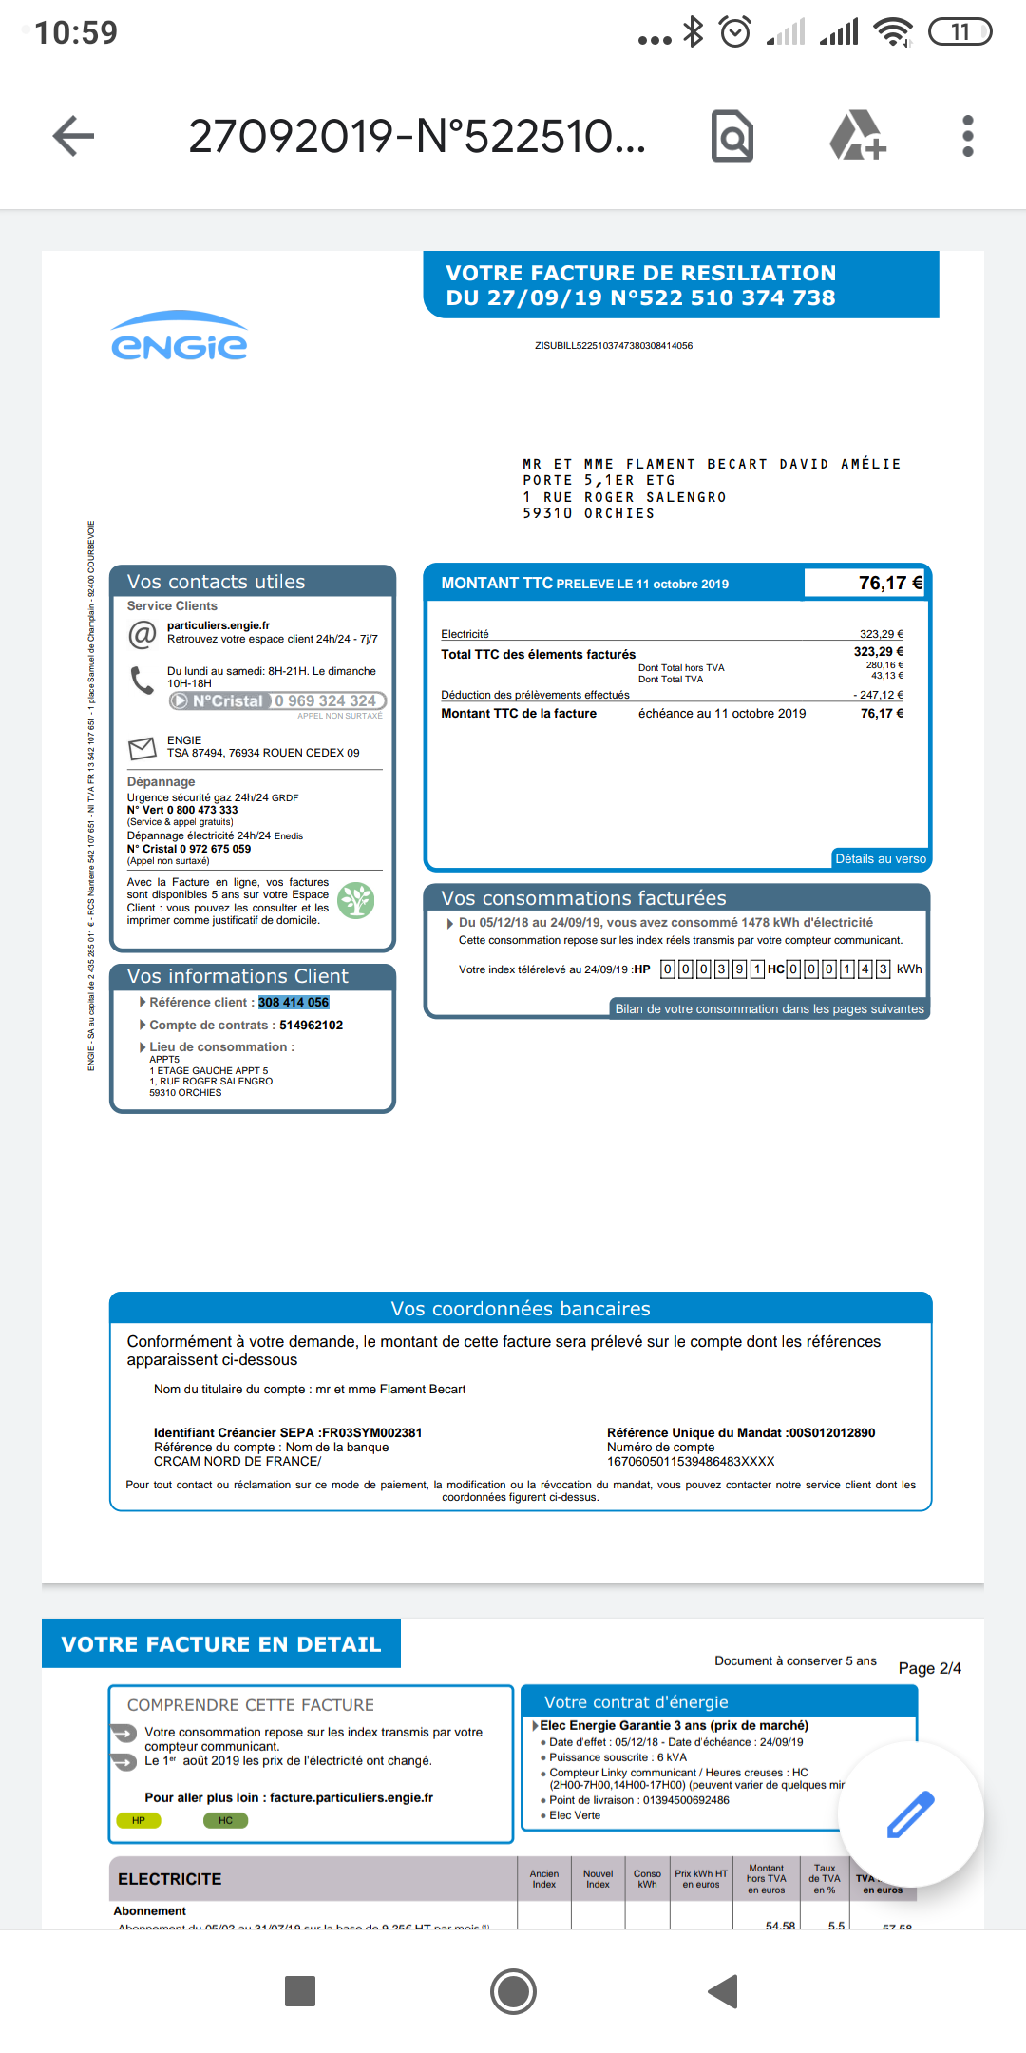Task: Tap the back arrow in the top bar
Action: pyautogui.click(x=73, y=136)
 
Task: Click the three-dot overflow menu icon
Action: pyautogui.click(x=967, y=136)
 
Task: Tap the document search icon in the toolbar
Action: pyautogui.click(x=732, y=136)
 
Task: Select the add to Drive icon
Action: pyautogui.click(x=858, y=136)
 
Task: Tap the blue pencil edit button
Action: pyautogui.click(x=910, y=1813)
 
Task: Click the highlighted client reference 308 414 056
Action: pyautogui.click(x=294, y=1003)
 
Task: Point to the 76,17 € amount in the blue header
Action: pyautogui.click(x=889, y=583)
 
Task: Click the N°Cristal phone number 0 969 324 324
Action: pyautogui.click(x=326, y=701)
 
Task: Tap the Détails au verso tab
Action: pyautogui.click(x=880, y=859)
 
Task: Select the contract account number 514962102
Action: pyautogui.click(x=311, y=1026)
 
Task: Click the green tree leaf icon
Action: pyautogui.click(x=356, y=900)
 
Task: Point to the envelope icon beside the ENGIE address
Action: pyautogui.click(x=142, y=749)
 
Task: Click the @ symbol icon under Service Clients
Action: pyautogui.click(x=142, y=634)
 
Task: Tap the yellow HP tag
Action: pyautogui.click(x=139, y=1820)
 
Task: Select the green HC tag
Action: pyautogui.click(x=225, y=1820)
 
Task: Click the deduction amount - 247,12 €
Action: pyautogui.click(x=878, y=695)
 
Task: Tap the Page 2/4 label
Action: pyautogui.click(x=929, y=1668)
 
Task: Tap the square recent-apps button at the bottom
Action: pyautogui.click(x=300, y=1990)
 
